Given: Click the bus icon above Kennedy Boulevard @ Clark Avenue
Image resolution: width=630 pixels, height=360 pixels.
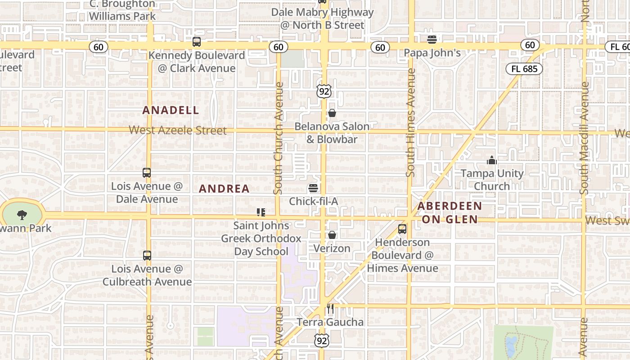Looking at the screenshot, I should pyautogui.click(x=197, y=42).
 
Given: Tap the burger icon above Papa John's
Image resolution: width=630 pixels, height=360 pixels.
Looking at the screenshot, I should pyautogui.click(x=432, y=39).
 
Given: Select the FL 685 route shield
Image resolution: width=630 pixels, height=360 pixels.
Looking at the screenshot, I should pyautogui.click(x=524, y=69).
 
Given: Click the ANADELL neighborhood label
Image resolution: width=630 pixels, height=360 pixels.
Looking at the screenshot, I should pyautogui.click(x=171, y=110).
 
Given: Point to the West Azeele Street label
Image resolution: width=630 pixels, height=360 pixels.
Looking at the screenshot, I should pyautogui.click(x=178, y=130).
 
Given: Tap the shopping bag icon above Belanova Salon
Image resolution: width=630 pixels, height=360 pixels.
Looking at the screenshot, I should pyautogui.click(x=332, y=113).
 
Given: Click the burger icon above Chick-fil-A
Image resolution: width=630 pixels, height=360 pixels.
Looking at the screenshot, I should pyautogui.click(x=313, y=188).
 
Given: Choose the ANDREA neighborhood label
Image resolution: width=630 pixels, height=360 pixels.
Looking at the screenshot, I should pyautogui.click(x=224, y=189).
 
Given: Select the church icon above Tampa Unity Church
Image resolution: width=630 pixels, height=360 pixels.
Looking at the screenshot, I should pyautogui.click(x=492, y=160).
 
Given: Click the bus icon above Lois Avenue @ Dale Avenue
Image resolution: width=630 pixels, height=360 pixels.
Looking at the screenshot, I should pyautogui.click(x=147, y=173).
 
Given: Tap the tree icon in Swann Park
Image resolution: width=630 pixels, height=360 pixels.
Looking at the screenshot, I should pyautogui.click(x=22, y=215).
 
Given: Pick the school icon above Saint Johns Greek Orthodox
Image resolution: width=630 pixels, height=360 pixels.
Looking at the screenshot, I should pyautogui.click(x=261, y=212).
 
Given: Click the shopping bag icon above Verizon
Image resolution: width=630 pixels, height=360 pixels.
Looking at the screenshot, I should pyautogui.click(x=332, y=235).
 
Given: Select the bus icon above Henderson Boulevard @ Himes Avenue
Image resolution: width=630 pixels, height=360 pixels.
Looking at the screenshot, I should pyautogui.click(x=402, y=229).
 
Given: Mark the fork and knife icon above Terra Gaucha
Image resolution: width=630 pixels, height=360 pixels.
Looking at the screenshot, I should pyautogui.click(x=330, y=309).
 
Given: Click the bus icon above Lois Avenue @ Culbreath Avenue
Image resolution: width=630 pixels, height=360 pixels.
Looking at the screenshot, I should pyautogui.click(x=147, y=256).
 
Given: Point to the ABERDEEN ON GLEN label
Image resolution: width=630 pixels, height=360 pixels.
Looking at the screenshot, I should pyautogui.click(x=450, y=212).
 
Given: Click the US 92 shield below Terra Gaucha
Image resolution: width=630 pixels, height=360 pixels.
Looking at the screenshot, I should pyautogui.click(x=322, y=341).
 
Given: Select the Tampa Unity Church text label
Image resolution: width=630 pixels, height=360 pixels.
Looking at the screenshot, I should pyautogui.click(x=492, y=180).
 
